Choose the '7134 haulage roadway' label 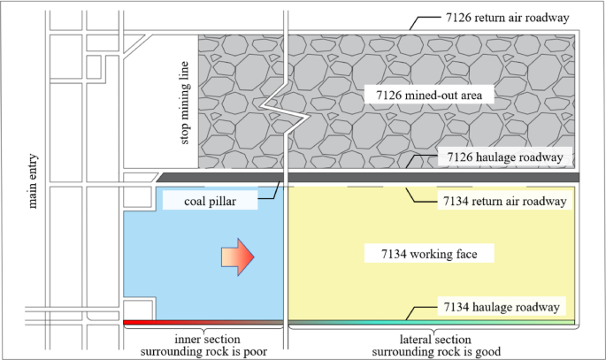pyautogui.click(x=501, y=307)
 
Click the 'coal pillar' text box pyautogui.click(x=209, y=201)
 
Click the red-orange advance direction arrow pyautogui.click(x=238, y=256)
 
